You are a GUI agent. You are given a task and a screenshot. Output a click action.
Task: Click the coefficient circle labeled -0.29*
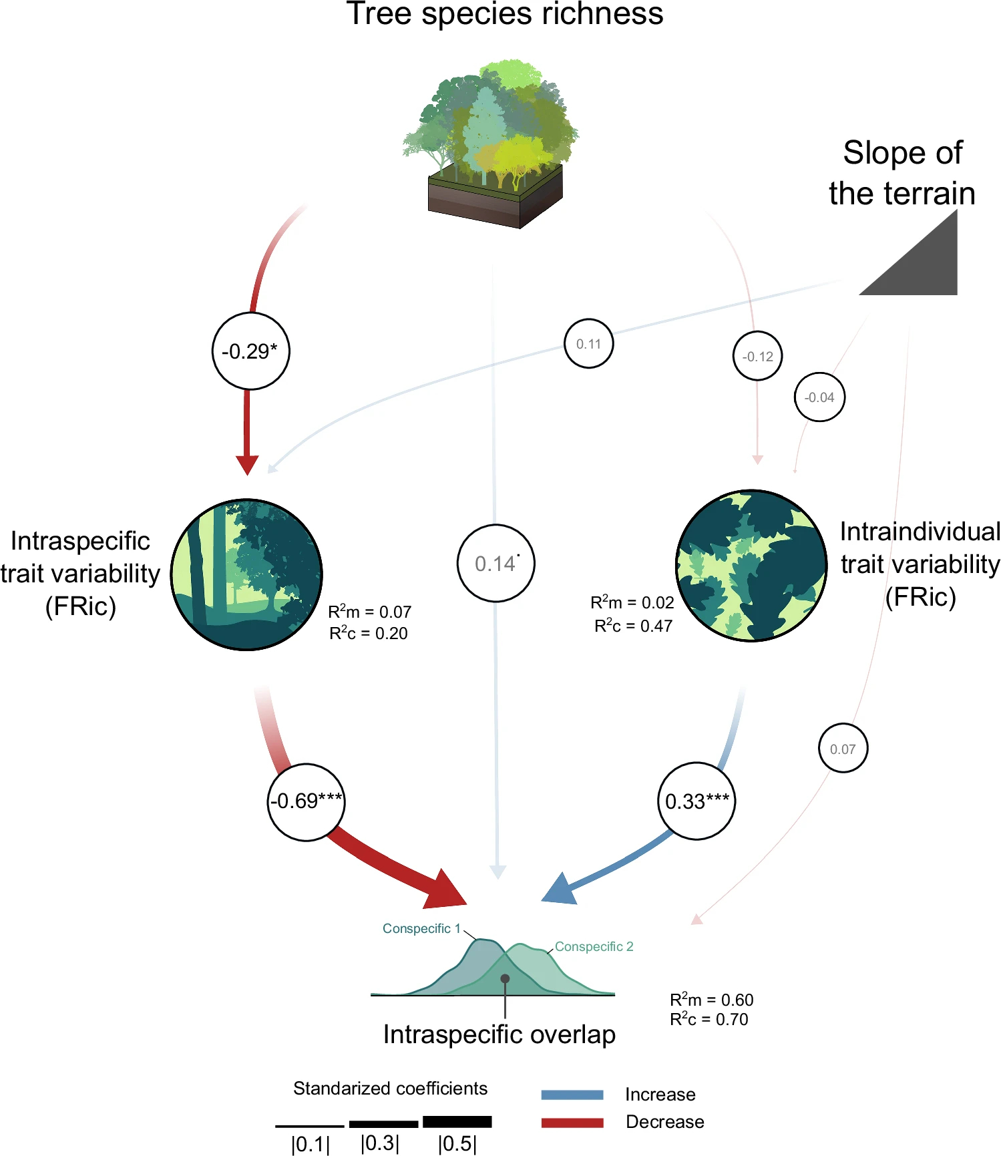[250, 351]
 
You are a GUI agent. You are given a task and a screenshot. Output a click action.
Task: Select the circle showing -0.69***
[307, 801]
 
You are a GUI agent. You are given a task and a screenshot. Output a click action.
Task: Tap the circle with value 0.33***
[696, 801]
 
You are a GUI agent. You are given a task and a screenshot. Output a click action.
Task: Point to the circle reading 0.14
[495, 563]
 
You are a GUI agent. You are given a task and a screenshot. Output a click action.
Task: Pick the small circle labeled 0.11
[588, 344]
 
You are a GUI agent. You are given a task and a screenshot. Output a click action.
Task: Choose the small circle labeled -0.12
[757, 356]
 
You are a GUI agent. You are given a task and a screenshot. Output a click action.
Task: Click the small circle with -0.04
[819, 397]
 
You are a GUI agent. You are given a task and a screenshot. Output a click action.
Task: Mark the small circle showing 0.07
[843, 749]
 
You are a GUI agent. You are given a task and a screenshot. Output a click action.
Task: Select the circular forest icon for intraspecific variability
[247, 574]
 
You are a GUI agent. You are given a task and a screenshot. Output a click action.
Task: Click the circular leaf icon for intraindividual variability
[751, 566]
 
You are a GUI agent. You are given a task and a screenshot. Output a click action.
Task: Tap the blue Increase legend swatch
[572, 1095]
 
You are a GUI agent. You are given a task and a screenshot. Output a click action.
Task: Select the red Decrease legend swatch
[572, 1122]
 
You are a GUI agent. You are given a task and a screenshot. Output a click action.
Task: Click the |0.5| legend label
[457, 1144]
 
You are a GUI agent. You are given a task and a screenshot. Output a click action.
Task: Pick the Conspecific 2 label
[594, 946]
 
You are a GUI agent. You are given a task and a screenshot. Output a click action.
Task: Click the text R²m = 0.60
[711, 1000]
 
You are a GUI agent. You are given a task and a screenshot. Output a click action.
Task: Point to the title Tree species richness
[505, 15]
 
